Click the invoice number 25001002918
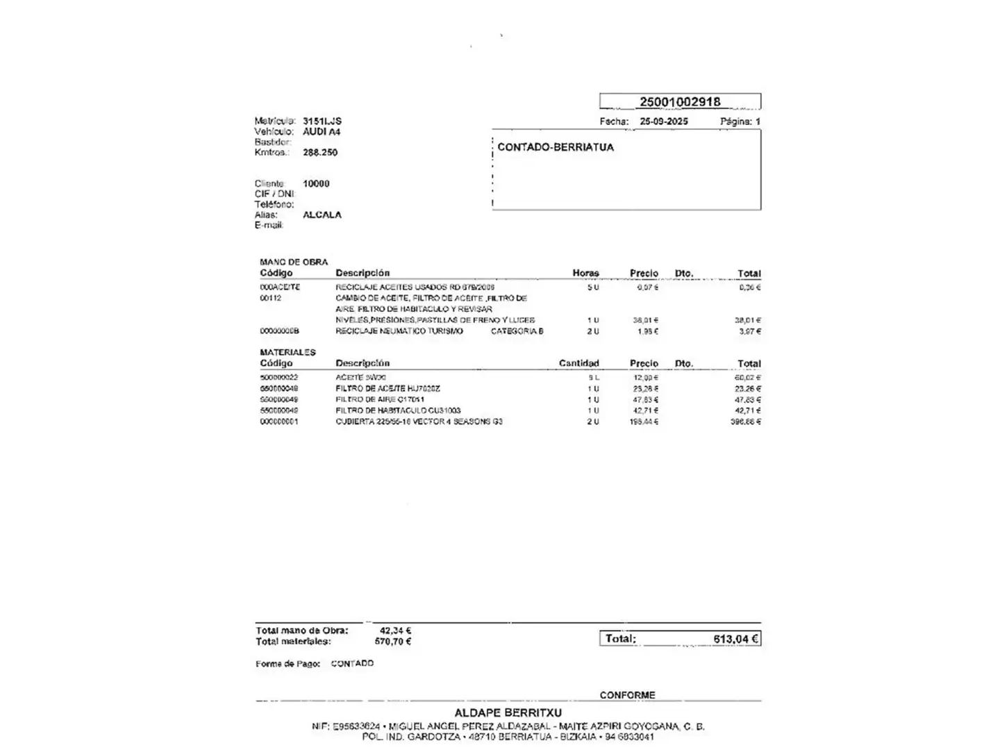pyautogui.click(x=679, y=101)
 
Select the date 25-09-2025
pyautogui.click(x=663, y=122)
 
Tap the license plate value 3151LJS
pyautogui.click(x=322, y=121)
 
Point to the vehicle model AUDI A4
pyautogui.click(x=322, y=131)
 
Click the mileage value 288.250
pyautogui.click(x=320, y=152)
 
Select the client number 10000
pyautogui.click(x=316, y=183)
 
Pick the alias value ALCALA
pyautogui.click(x=322, y=215)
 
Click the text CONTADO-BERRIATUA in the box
pyautogui.click(x=556, y=147)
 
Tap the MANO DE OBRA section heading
pyautogui.click(x=294, y=262)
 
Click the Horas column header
pyautogui.click(x=585, y=273)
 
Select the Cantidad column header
pyautogui.click(x=578, y=363)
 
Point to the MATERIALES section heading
pyautogui.click(x=287, y=352)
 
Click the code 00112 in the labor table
pyautogui.click(x=271, y=298)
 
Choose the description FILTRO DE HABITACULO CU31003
pyautogui.click(x=398, y=410)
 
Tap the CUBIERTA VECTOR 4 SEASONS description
pyautogui.click(x=419, y=422)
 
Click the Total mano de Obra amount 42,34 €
pyautogui.click(x=395, y=631)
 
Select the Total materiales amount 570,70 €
pyautogui.click(x=393, y=641)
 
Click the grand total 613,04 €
pyautogui.click(x=735, y=639)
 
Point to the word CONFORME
pyautogui.click(x=627, y=694)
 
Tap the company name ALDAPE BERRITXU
pyautogui.click(x=508, y=712)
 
